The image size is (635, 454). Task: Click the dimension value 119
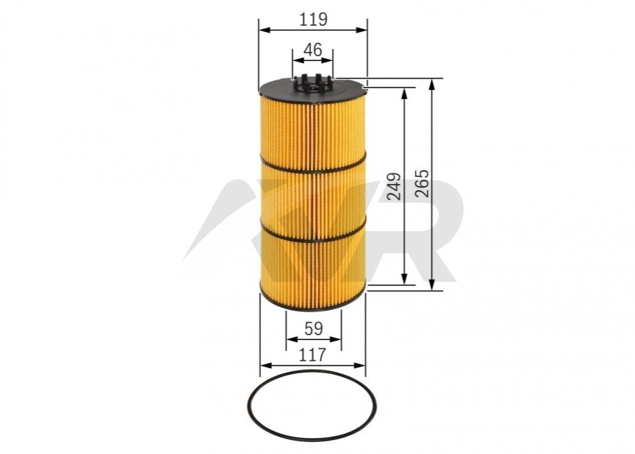point(313,19)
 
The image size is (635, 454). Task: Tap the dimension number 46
point(312,50)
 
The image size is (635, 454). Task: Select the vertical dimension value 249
point(394,186)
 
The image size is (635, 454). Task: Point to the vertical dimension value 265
point(422,183)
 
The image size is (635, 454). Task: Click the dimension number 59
point(313,329)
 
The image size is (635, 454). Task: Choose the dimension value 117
point(312,355)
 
